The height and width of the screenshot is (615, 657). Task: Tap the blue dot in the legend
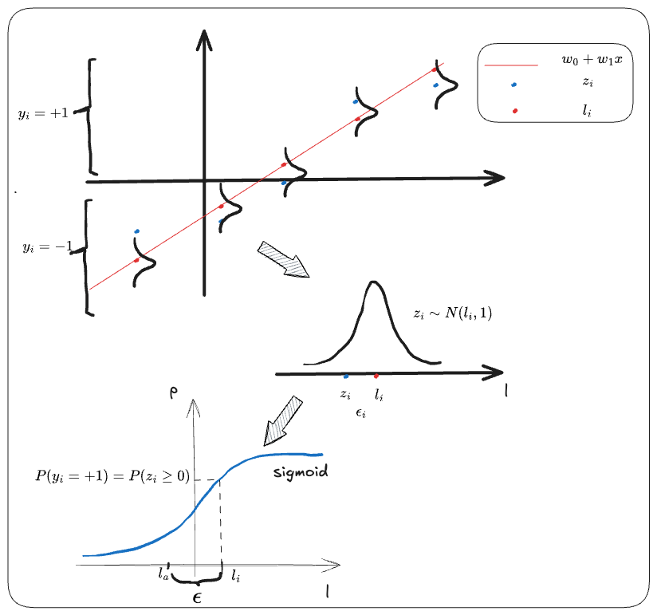[x=514, y=85]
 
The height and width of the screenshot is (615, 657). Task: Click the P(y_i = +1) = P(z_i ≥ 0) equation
[x=112, y=477]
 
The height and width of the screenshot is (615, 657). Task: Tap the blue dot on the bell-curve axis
[x=345, y=376]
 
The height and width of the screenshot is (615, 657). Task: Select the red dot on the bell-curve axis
[x=376, y=374]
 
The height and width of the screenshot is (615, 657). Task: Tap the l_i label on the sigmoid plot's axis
[x=237, y=574]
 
